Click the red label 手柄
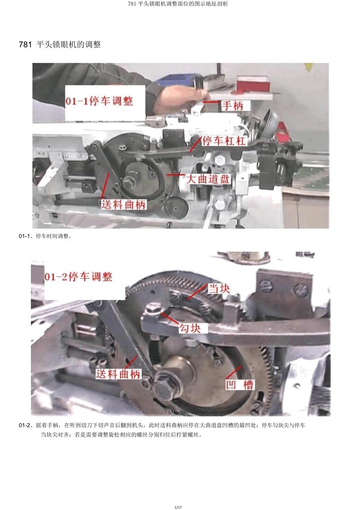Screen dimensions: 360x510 232,106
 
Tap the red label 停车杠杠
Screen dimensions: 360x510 224,141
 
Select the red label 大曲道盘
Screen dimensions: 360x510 208,179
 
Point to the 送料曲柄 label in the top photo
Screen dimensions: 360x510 124,204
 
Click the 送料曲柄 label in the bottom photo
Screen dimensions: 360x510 118,374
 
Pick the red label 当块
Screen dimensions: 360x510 219,289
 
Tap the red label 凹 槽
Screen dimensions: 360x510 239,385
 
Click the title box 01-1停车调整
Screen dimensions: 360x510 105,103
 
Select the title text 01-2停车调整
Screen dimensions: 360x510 79,277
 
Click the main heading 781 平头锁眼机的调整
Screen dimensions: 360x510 59,44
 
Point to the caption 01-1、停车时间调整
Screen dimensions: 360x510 45,236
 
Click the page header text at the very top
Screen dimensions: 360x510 178,4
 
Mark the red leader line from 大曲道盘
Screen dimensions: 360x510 176,175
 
